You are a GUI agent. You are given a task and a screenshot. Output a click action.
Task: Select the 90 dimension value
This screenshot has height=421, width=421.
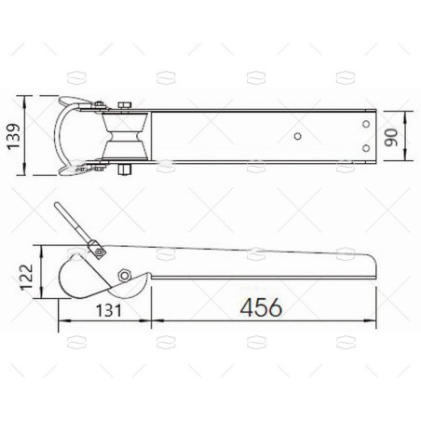coord(396,136)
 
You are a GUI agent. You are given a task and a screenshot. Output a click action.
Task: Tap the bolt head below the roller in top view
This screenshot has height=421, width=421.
coord(123,170)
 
